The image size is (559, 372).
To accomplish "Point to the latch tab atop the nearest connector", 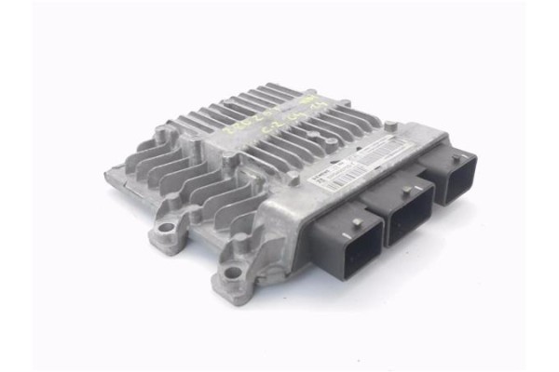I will (357, 222).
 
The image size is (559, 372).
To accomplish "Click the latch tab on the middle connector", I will (407, 191).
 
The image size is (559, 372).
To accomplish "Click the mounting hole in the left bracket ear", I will (166, 227).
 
